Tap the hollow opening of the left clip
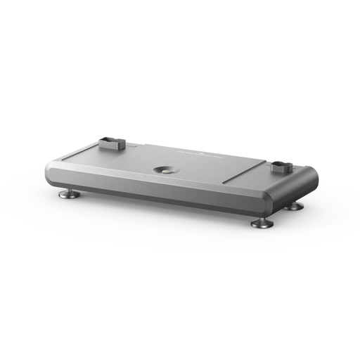point(110,141)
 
